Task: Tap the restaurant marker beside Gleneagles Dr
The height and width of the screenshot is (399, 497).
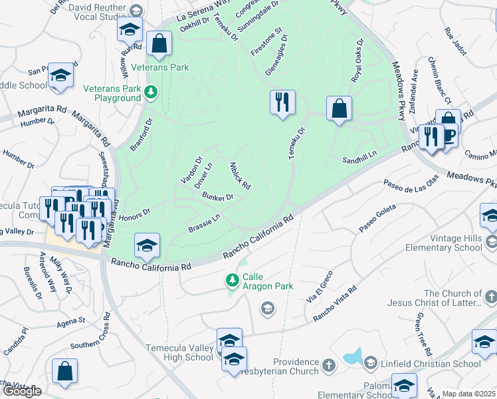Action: [282, 102]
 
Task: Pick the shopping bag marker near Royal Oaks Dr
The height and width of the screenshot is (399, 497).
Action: [339, 109]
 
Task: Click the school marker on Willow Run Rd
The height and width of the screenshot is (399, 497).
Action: [130, 29]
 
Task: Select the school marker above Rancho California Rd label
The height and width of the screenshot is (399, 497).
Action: [147, 246]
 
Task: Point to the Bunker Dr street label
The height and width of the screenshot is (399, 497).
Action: [219, 197]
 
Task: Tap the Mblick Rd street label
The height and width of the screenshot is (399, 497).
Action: [239, 176]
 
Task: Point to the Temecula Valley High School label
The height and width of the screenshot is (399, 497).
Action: [179, 352]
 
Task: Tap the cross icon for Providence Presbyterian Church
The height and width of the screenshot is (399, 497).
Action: [328, 364]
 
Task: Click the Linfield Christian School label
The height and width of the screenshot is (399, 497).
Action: [431, 364]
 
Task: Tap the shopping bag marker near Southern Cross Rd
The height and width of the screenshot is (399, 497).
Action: [64, 372]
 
